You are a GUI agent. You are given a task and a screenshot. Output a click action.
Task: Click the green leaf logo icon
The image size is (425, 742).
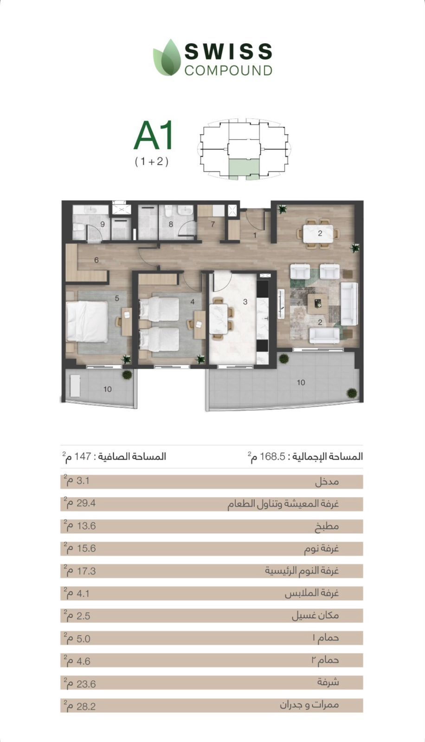click(167, 58)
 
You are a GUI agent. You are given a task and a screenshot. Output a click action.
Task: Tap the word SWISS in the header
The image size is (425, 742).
click(228, 51)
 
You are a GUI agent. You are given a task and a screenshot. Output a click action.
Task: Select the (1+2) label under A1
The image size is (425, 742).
click(152, 162)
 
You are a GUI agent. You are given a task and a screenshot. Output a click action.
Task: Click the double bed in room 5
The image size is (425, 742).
click(87, 322)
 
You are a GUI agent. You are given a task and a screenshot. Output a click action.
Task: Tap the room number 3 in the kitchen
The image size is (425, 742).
click(245, 302)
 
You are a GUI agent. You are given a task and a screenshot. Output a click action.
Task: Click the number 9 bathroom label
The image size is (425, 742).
click(103, 224)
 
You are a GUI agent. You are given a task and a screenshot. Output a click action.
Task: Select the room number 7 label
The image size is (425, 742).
click(213, 224)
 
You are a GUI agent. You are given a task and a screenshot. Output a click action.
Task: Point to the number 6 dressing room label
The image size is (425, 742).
click(96, 260)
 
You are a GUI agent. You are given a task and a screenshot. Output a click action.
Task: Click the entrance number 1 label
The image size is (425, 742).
click(255, 236)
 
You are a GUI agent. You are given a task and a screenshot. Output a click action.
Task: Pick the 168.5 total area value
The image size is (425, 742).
click(272, 456)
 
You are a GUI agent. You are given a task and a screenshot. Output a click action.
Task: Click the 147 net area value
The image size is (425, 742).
click(83, 456)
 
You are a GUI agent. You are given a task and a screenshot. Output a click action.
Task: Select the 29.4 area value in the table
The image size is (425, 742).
click(86, 504)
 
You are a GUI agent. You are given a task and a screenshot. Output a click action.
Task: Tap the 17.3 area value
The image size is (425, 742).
click(86, 571)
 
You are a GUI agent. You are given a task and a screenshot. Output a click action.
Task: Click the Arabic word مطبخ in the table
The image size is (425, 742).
click(327, 526)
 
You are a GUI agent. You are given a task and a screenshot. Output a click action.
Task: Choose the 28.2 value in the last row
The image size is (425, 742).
click(86, 707)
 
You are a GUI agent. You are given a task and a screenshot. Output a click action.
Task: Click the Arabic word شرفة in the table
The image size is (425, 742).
click(328, 682)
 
